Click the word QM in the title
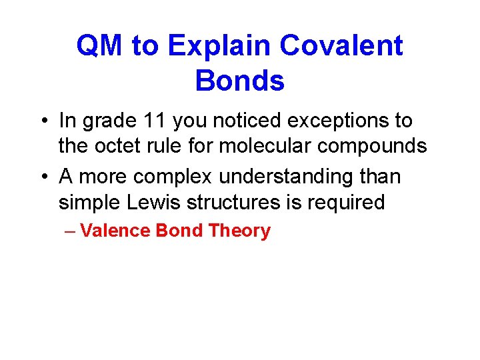click(x=99, y=46)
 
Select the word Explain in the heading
click(x=219, y=46)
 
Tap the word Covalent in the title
click(x=341, y=46)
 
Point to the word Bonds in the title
click(x=240, y=81)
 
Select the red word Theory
click(x=239, y=231)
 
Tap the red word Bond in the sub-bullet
click(x=179, y=231)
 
